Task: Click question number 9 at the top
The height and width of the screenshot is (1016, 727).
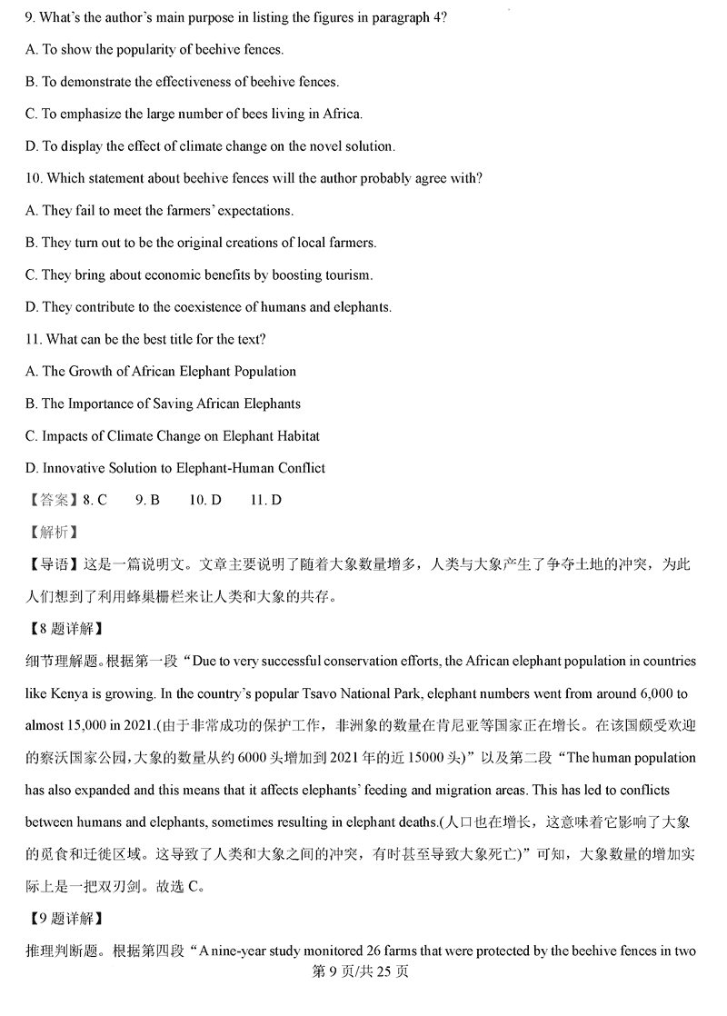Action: point(31,18)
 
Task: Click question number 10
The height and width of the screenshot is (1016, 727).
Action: point(35,179)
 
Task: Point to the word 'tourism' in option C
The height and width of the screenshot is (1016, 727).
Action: point(347,275)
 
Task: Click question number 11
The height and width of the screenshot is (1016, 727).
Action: point(35,340)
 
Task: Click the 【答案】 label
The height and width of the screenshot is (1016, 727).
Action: point(51,501)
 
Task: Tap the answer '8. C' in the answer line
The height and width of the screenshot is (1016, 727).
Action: point(95,501)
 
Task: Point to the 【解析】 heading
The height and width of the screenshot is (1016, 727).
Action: point(51,533)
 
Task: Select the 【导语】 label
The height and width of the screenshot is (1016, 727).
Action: point(51,565)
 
